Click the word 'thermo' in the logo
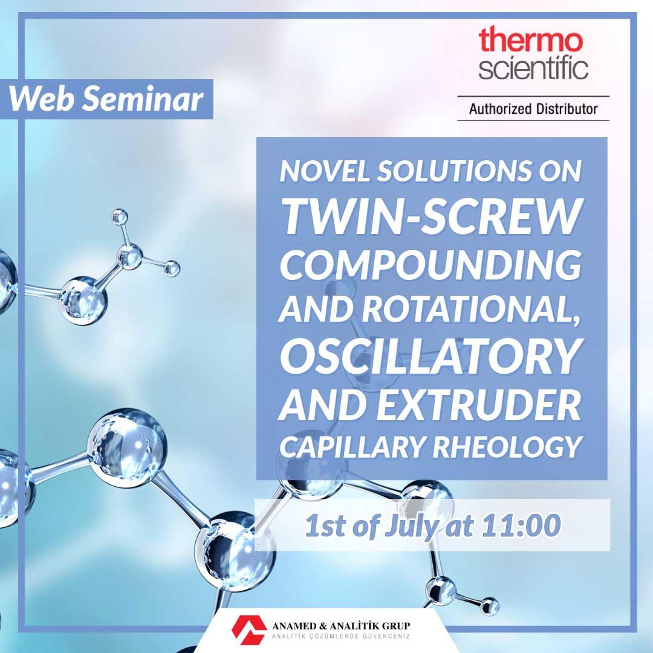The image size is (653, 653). coord(530,41)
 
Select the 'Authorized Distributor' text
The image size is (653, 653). coord(533,109)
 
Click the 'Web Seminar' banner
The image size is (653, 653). coord(106,99)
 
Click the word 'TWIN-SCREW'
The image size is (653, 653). coord(432,216)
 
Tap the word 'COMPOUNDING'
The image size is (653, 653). coord(430,265)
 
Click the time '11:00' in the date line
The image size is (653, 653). coord(521,525)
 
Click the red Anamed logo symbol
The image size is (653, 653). coord(249,629)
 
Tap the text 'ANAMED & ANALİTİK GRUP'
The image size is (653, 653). coord(341,626)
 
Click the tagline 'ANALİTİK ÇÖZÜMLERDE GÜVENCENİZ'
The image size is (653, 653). coord(341,636)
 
